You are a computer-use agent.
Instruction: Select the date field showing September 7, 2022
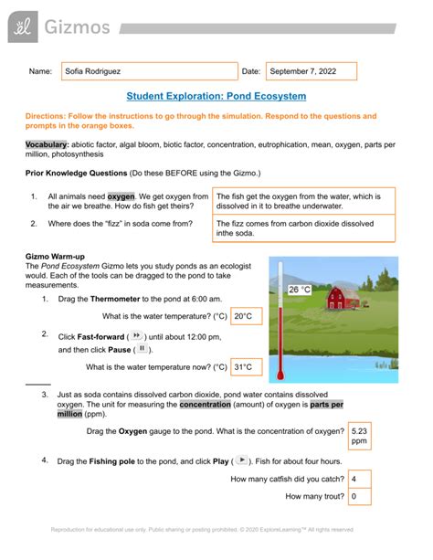click(311, 71)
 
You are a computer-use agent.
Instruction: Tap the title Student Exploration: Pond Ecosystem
click(216, 96)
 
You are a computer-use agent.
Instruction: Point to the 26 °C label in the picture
click(301, 291)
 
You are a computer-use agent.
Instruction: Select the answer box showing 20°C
click(244, 316)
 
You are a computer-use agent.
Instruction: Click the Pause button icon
click(143, 349)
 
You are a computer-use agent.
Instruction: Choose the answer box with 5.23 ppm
click(360, 436)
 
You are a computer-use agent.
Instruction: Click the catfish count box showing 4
click(360, 478)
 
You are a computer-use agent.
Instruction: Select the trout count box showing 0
click(360, 497)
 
